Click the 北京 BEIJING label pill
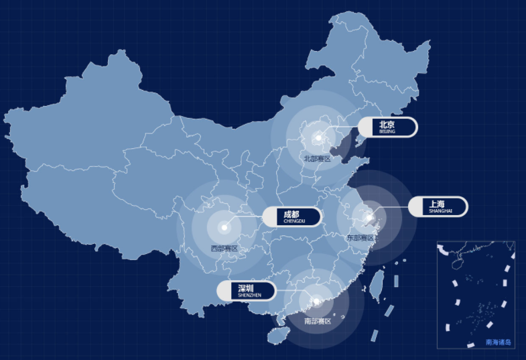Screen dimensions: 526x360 [387, 127]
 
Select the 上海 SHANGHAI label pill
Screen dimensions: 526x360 [438, 206]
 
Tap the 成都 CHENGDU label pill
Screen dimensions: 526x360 [291, 217]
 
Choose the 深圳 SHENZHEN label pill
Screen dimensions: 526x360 [246, 290]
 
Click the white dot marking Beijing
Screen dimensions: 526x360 [319, 137]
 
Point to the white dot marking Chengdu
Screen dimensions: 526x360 [224, 227]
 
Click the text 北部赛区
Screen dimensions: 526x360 [318, 159]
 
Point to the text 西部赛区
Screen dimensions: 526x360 [224, 249]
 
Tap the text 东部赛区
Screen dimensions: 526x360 [362, 238]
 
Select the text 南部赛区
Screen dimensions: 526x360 [318, 321]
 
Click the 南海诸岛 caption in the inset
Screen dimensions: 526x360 [499, 342]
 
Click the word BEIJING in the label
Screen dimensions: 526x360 [387, 132]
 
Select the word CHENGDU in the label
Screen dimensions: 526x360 [294, 221]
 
